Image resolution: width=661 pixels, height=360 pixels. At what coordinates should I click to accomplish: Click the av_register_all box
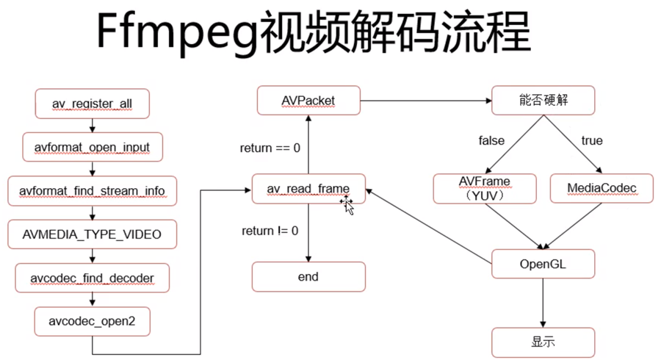tap(92, 104)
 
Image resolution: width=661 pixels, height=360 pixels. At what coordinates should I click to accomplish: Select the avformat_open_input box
tap(92, 147)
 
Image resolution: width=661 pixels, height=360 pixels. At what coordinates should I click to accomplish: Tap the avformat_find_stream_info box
tap(92, 191)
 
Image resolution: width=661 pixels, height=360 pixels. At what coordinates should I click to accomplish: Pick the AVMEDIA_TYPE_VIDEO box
tap(92, 234)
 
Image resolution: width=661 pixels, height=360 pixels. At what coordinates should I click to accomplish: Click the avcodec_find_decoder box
tap(92, 278)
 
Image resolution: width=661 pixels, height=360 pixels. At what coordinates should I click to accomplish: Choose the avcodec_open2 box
tap(92, 321)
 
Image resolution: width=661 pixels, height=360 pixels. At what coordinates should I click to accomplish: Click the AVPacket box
tap(308, 100)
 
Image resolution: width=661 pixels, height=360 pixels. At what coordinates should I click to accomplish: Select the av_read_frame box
tap(308, 189)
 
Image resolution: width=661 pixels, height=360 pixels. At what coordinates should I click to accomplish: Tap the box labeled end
tap(308, 277)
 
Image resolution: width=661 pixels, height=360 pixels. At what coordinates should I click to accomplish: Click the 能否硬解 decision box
tap(543, 101)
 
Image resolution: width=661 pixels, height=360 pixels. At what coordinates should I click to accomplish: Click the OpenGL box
tap(543, 263)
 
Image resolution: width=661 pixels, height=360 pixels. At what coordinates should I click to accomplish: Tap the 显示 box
tap(543, 342)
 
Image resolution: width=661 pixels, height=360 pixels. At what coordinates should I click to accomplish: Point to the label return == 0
tap(270, 148)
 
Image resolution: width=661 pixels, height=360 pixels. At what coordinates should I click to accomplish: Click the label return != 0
tap(270, 231)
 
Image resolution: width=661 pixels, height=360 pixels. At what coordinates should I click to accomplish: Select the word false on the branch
tap(491, 140)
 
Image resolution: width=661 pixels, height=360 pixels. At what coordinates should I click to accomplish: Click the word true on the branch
tap(591, 140)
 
